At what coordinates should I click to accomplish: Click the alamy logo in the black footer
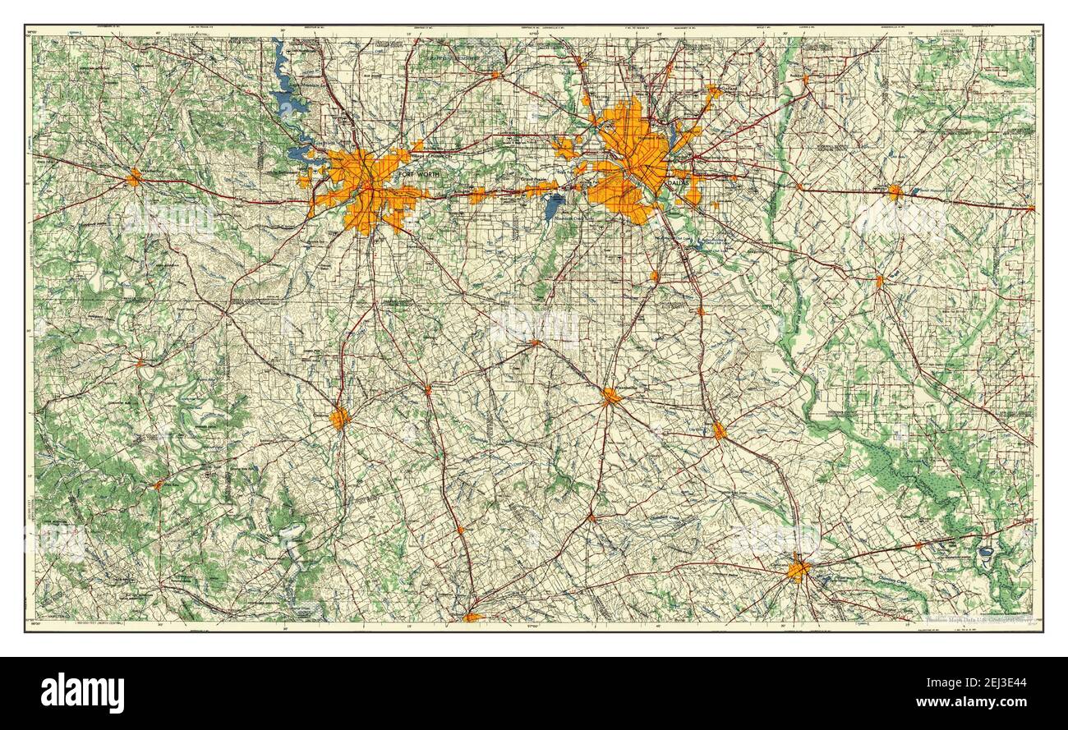[x=82, y=692]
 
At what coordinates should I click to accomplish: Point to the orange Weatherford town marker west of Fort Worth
[x=134, y=177]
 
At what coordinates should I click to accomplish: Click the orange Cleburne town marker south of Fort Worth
[x=339, y=419]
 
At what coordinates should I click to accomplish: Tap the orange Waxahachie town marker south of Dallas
[x=610, y=396]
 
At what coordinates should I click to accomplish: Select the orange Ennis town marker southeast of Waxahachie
[x=719, y=430]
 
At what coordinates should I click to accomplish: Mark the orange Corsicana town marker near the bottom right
[x=797, y=570]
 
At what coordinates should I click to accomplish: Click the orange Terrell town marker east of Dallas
[x=895, y=192]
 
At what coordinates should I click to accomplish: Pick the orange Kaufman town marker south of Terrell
[x=878, y=282]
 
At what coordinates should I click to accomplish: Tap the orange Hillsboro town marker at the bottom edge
[x=471, y=617]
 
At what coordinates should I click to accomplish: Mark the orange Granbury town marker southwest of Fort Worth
[x=140, y=361]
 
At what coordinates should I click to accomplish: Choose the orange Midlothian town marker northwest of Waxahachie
[x=535, y=342]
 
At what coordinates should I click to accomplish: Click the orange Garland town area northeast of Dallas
[x=711, y=92]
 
